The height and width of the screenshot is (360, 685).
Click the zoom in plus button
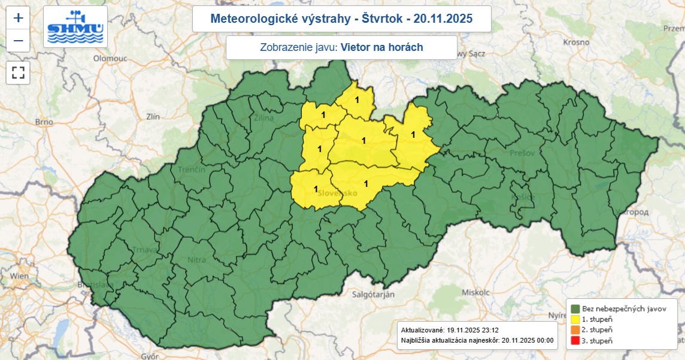[x=19, y=18]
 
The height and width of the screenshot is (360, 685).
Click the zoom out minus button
[x=19, y=41]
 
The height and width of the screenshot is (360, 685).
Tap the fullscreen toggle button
[x=19, y=73]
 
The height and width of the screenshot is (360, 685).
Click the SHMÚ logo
[x=75, y=27]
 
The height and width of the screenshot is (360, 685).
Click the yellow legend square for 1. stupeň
[x=575, y=319]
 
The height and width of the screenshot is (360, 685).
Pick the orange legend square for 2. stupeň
[x=575, y=330]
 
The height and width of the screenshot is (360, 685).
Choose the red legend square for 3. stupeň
[x=575, y=341]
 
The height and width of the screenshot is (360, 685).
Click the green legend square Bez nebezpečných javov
[x=575, y=308]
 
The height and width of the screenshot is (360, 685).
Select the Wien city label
[x=19, y=276]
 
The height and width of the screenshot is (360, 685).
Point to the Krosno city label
[x=577, y=43]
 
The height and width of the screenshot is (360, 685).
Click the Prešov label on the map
[x=522, y=153]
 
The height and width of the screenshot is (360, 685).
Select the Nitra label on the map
[x=197, y=260]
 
